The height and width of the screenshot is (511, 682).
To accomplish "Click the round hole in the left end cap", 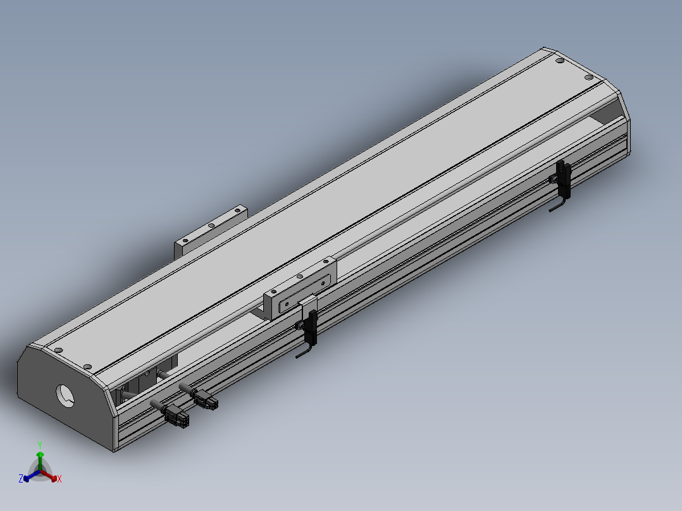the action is point(65,396).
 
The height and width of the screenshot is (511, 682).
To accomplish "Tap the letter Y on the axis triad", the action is point(40,445).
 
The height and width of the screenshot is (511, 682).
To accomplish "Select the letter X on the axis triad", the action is point(59,479).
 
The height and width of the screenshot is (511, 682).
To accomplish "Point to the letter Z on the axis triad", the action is point(20,478).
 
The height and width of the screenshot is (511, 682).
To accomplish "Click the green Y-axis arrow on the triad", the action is point(40,460).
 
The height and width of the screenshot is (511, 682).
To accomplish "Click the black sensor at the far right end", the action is point(564,179).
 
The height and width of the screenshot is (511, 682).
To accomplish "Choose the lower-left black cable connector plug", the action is point(176,416).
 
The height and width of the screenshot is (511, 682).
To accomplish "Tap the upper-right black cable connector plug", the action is point(205,399).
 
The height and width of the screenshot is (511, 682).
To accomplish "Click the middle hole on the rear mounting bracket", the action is point(211,225).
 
